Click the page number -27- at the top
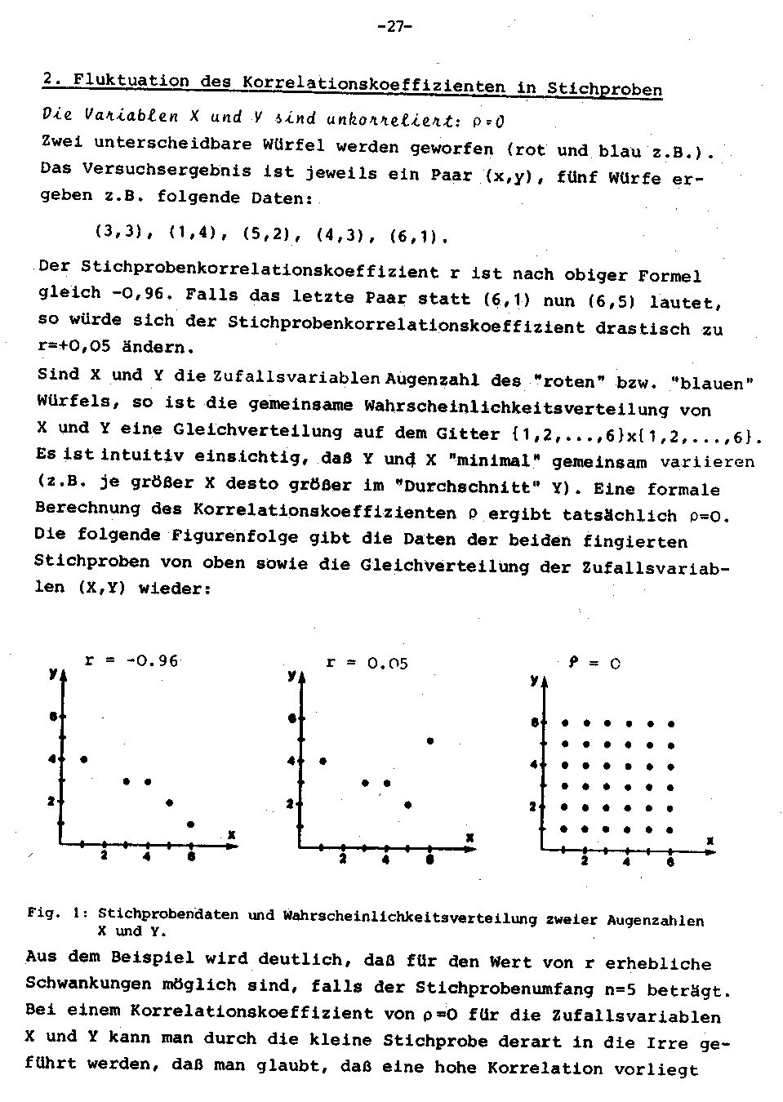(394, 26)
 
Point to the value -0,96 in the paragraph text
(130, 292)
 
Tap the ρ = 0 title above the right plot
(594, 663)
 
